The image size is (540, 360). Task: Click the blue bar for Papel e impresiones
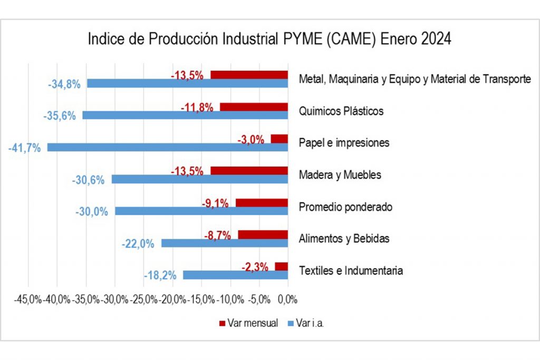(x=168, y=147)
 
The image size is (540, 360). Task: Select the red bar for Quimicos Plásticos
(x=254, y=107)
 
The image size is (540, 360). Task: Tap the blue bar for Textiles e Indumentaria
(x=235, y=275)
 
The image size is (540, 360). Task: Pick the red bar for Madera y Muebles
(x=249, y=171)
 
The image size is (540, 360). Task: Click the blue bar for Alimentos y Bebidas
(x=225, y=243)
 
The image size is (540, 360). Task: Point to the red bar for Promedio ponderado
(x=262, y=203)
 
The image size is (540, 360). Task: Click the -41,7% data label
(x=24, y=148)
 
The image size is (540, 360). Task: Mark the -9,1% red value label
(x=215, y=203)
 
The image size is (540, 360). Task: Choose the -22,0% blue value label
(x=138, y=244)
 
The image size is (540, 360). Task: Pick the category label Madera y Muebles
(x=340, y=175)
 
